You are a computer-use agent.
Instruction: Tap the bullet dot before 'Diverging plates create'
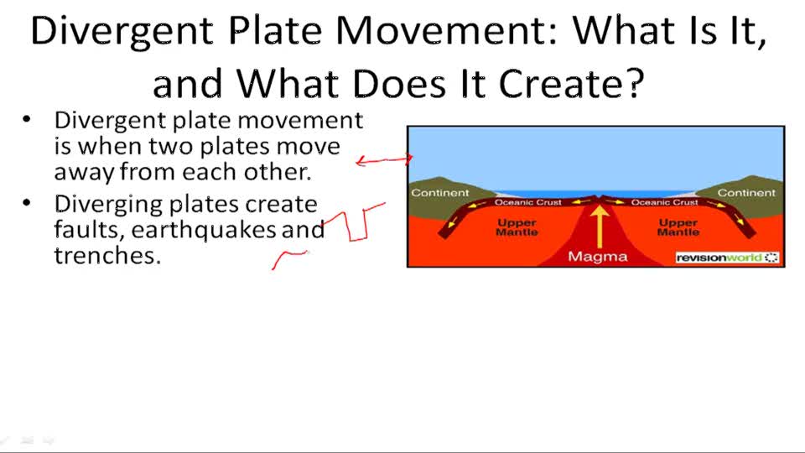pos(27,204)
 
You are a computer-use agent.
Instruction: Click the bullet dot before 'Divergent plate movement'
pos(27,120)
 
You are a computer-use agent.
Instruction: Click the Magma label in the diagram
pos(597,257)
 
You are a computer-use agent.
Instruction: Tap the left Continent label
pos(440,193)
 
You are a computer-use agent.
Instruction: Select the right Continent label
pos(746,193)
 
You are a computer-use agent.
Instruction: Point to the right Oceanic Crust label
pos(664,202)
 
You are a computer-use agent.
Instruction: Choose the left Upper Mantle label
pos(517,227)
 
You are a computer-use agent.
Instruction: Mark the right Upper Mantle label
pos(678,227)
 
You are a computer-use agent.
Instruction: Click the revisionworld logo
pos(726,258)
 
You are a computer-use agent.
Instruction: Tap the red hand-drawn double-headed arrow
pos(384,160)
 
